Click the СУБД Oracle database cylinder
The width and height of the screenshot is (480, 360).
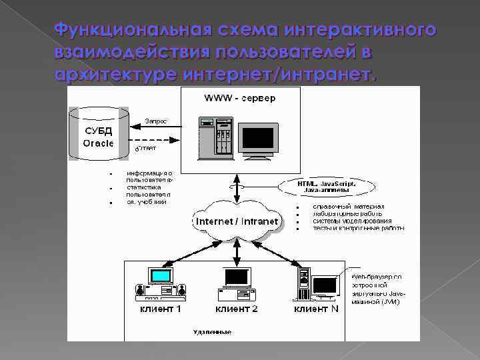pyautogui.click(x=99, y=134)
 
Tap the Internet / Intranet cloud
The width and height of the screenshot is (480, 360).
pyautogui.click(x=236, y=219)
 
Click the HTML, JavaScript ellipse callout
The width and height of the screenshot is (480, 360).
pyautogui.click(x=326, y=186)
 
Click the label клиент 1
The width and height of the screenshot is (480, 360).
pyautogui.click(x=160, y=309)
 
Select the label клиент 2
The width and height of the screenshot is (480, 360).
pyautogui.click(x=236, y=309)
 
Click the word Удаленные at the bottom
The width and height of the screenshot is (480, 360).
pyautogui.click(x=211, y=332)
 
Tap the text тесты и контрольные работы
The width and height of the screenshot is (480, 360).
pyautogui.click(x=358, y=228)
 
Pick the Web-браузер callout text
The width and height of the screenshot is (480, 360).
pyautogui.click(x=376, y=288)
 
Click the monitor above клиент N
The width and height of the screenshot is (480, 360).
pyautogui.click(x=325, y=285)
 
